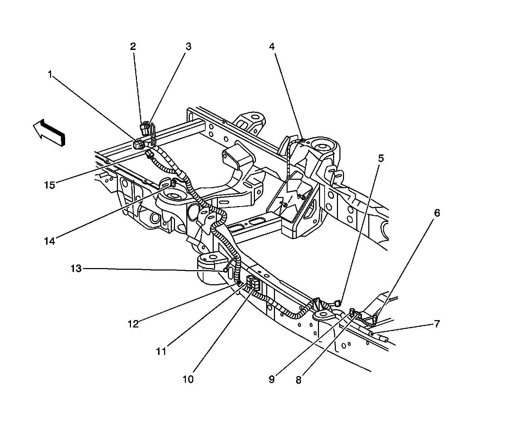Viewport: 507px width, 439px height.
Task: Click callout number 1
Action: coord(50,74)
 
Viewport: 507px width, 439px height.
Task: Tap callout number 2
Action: coord(133,46)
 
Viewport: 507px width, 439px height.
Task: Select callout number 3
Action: coord(188,46)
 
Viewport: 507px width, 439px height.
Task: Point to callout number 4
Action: coord(272,46)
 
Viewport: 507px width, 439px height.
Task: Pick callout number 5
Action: coord(381,158)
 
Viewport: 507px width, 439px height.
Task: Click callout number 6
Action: coord(437,213)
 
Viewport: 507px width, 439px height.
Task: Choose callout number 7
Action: coord(437,324)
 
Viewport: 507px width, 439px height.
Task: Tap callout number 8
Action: coord(298,380)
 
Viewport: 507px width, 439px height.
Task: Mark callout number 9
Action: coord(271,380)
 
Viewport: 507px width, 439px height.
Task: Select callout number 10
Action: coord(188,380)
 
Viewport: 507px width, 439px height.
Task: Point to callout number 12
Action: coord(133,324)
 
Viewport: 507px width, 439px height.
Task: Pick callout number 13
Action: coord(76,269)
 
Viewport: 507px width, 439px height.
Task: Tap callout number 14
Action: coord(50,241)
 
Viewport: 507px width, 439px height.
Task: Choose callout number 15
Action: coord(50,185)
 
